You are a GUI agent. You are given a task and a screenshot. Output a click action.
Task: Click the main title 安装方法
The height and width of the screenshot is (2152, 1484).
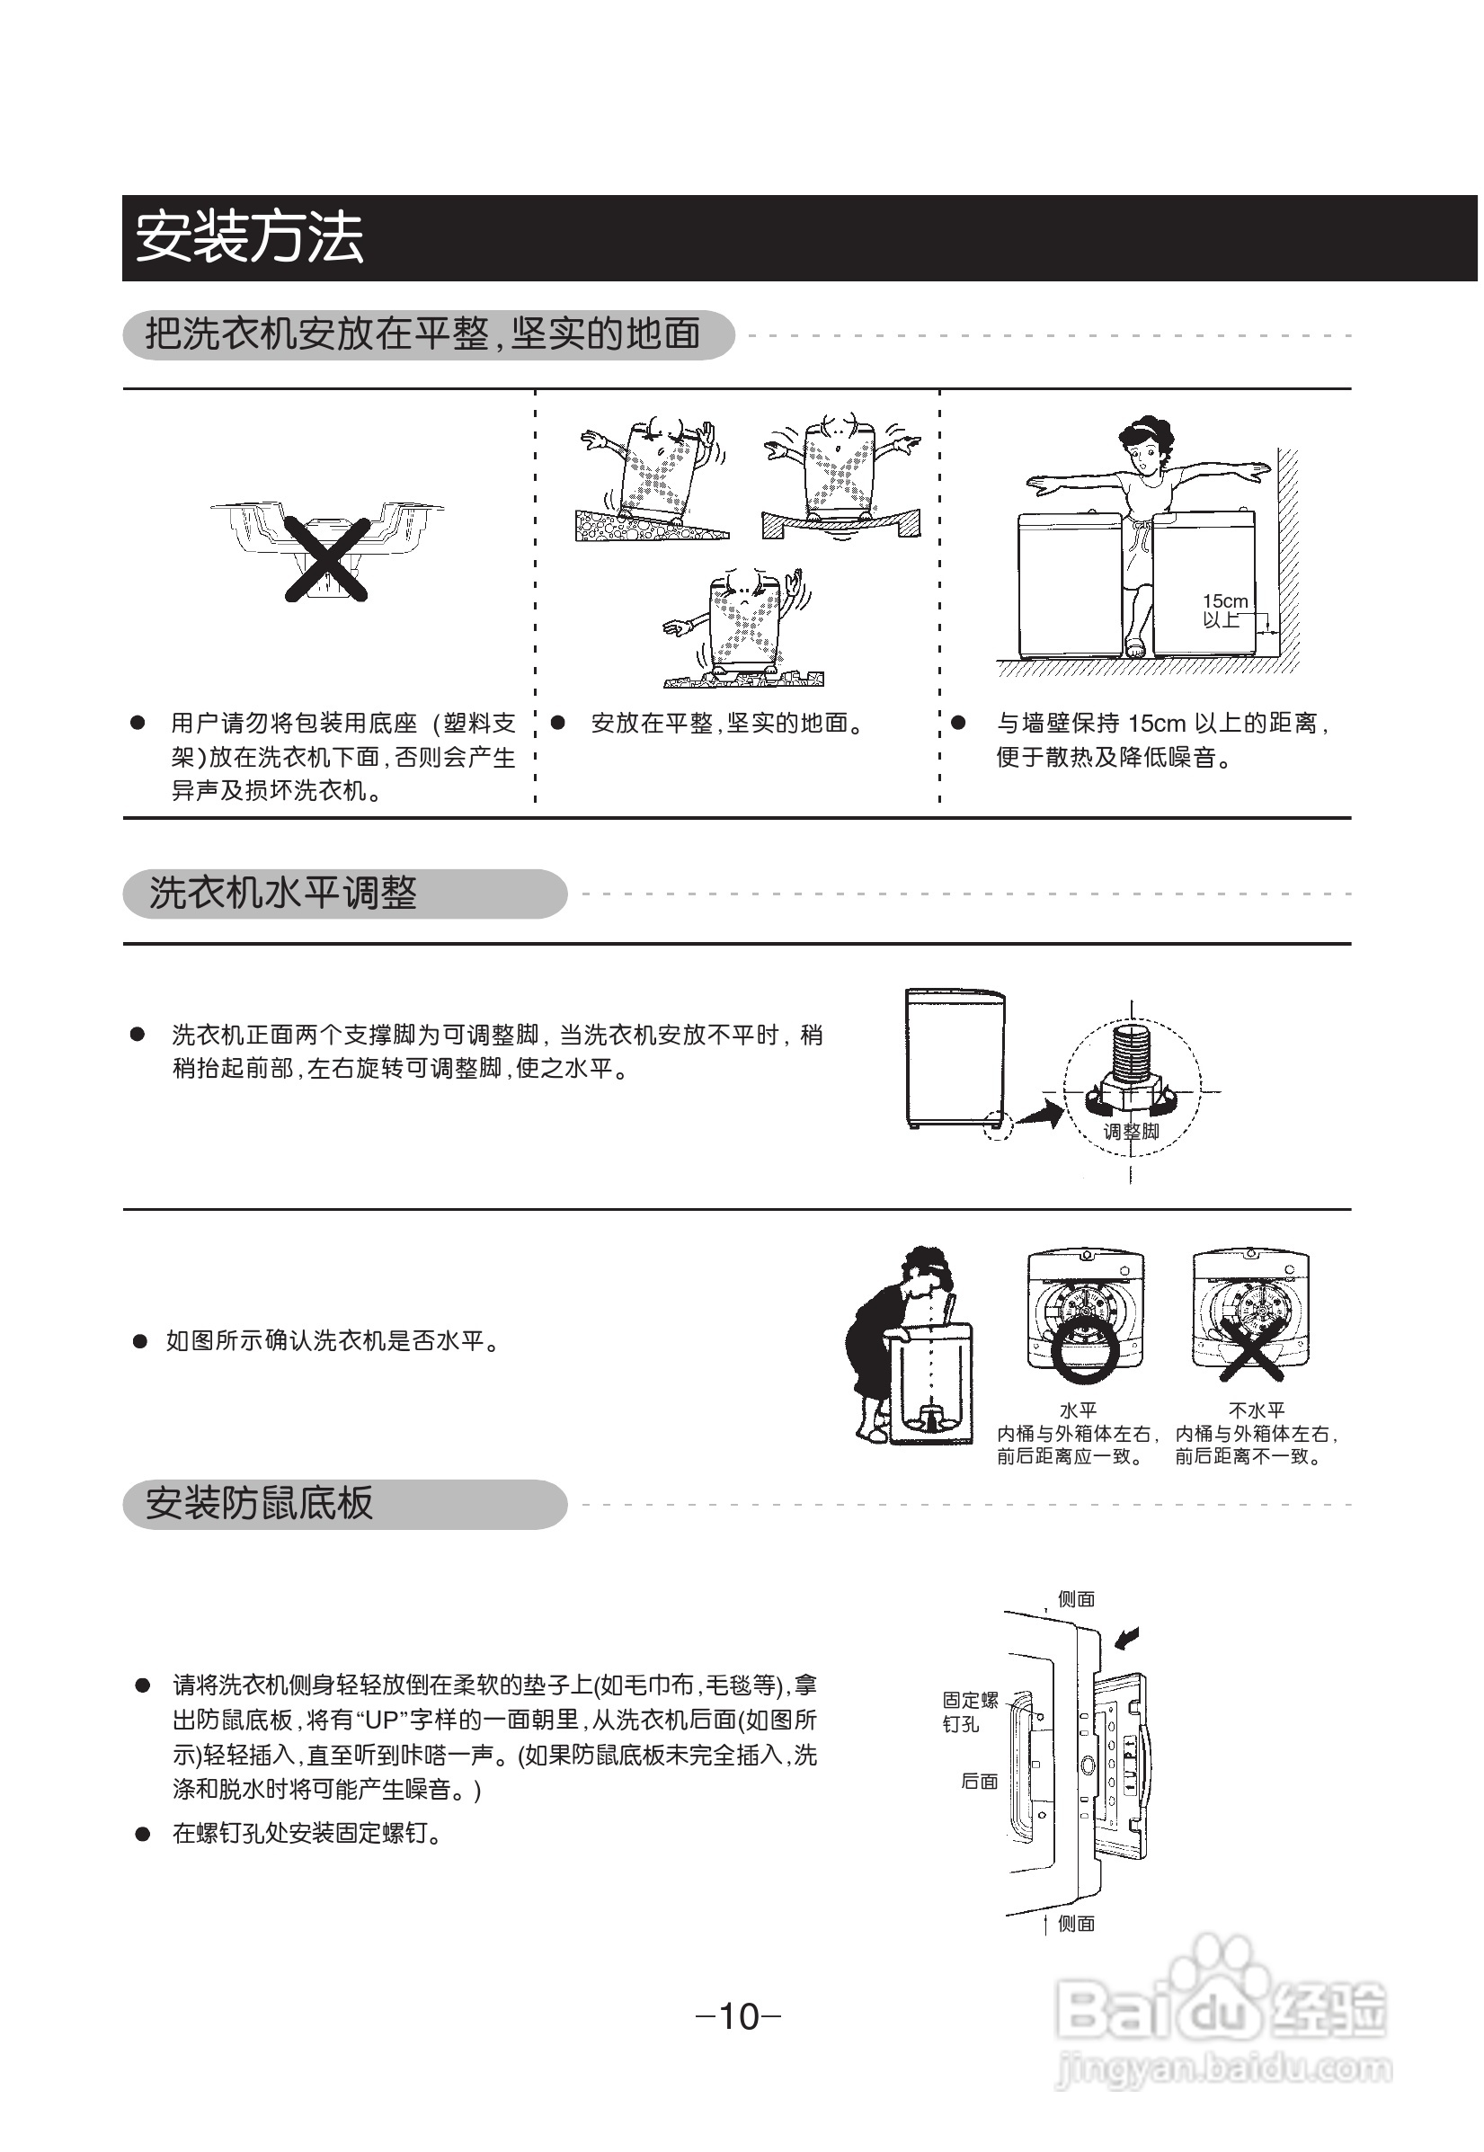click(249, 238)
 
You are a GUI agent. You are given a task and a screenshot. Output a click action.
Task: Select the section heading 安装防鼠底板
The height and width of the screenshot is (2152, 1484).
click(260, 1504)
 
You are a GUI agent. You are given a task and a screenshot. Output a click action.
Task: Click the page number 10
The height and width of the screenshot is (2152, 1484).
click(739, 2016)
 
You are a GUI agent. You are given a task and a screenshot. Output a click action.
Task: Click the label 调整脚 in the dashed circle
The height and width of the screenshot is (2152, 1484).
click(1131, 1132)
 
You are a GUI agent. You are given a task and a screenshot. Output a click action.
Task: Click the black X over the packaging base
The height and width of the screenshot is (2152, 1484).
click(326, 559)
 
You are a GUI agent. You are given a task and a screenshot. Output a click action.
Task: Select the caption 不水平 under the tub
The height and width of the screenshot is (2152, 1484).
click(1257, 1409)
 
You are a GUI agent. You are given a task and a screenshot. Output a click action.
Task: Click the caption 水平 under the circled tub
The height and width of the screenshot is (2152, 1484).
click(1078, 1409)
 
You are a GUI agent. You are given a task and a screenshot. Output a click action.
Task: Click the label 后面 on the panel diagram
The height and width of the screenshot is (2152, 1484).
click(979, 1781)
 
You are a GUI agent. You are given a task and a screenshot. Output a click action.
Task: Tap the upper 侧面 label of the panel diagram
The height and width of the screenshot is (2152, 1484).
click(1076, 1598)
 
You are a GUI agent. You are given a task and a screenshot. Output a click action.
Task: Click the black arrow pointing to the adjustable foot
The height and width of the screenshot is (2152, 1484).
click(1041, 1111)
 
